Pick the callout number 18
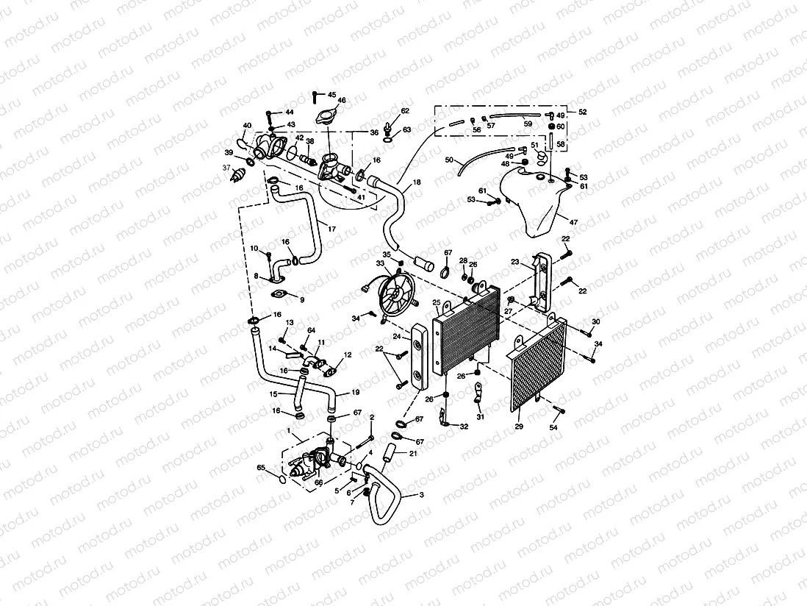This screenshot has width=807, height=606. coord(417,181)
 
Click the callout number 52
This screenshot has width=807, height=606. coord(583,113)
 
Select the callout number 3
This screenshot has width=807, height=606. coord(421,496)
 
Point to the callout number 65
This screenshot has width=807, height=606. coord(260,468)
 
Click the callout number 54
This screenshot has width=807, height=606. coord(554,427)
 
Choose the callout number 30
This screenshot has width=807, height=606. coord(595,322)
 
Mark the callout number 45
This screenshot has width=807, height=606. coord(331,95)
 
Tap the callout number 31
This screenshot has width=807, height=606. coord(481,417)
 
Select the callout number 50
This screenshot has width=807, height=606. coord(449,160)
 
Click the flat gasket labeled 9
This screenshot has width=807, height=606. coord(279,296)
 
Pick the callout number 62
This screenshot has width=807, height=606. coord(405,111)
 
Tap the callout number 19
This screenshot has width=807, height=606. coord(356,392)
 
